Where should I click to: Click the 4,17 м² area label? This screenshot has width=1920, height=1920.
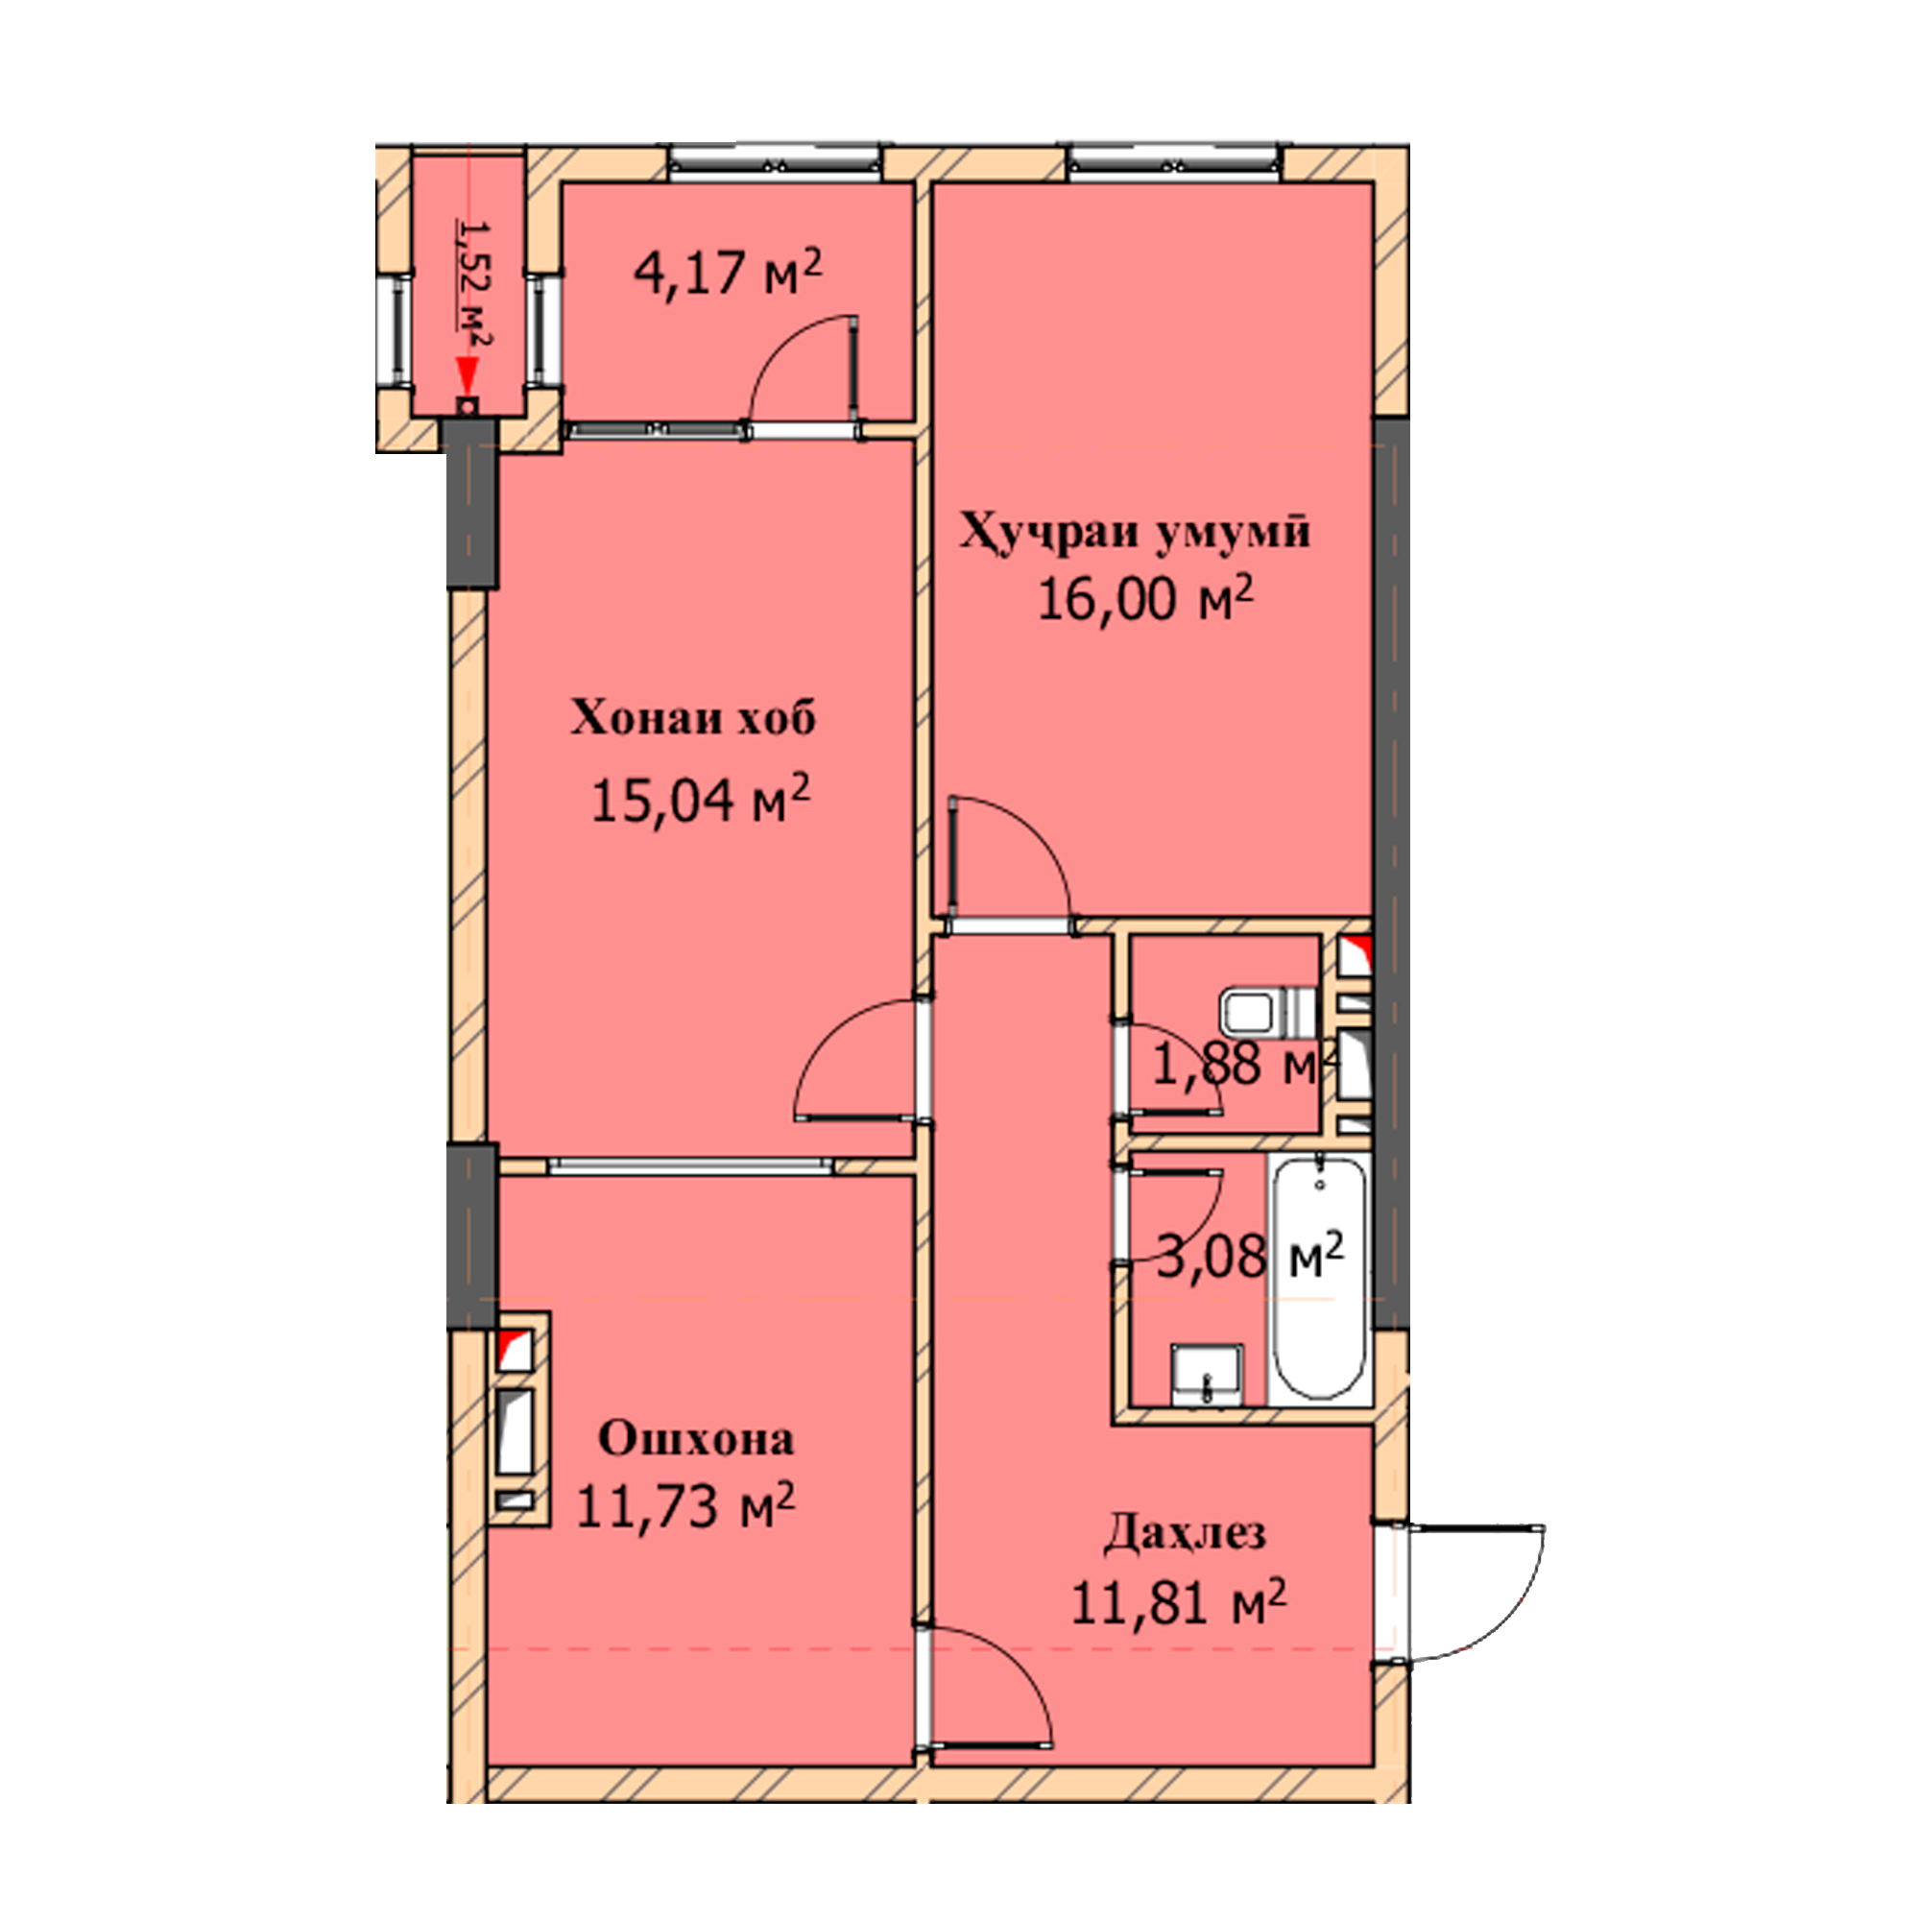coord(729,273)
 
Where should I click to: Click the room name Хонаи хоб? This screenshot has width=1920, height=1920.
coord(693,717)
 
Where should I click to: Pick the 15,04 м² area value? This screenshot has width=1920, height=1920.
coord(701,800)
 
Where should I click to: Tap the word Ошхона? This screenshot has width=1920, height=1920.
coord(696,1438)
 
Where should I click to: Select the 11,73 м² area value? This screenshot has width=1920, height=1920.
coord(684,1507)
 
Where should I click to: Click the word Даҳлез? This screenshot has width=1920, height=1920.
coord(1185,1533)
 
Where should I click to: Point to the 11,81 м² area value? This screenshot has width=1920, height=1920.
coord(1179,1602)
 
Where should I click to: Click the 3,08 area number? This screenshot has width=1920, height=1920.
coord(1212,1258)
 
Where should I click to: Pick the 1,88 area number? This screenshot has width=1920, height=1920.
coord(1207,1065)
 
